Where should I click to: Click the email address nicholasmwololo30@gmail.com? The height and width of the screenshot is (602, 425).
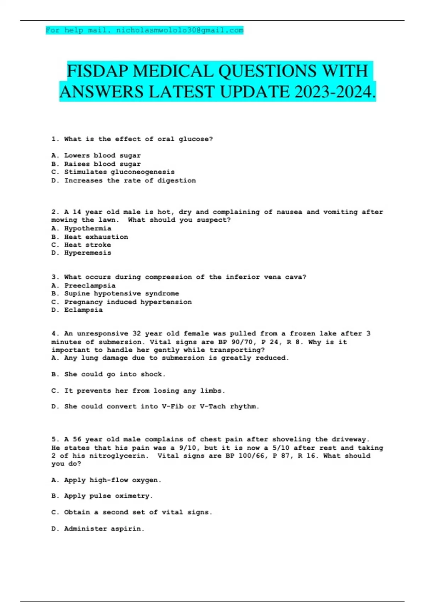point(180,30)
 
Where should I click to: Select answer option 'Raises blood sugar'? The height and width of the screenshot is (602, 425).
point(102,164)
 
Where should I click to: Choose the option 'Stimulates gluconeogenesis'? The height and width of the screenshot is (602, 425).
point(119,172)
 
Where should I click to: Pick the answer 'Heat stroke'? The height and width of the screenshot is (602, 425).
point(87,245)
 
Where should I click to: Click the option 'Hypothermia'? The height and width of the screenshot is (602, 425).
point(87,228)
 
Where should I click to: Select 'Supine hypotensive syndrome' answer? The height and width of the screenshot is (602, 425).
point(121,294)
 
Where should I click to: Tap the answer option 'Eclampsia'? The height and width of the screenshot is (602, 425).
point(83,310)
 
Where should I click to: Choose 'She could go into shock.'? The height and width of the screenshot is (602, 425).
point(115,374)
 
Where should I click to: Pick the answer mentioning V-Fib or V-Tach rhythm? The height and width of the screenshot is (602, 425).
point(161,407)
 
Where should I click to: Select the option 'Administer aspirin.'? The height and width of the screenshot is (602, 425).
point(104,529)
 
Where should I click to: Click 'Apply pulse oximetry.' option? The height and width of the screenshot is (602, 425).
point(108,496)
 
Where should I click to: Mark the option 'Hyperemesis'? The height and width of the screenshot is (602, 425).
point(87,253)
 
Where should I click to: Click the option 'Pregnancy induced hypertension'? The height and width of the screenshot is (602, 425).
point(127,302)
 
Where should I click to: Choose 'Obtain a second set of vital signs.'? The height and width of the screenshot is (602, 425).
point(138,512)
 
